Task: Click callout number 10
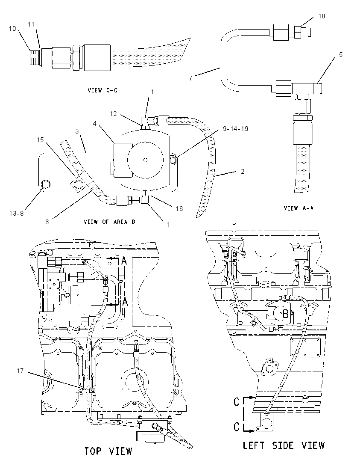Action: click(12, 29)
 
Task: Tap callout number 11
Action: click(31, 24)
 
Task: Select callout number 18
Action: click(322, 16)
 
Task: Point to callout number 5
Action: click(341, 55)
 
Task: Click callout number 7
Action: click(190, 78)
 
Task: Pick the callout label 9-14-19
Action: click(236, 129)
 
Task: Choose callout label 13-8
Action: click(17, 213)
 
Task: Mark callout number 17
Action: click(20, 371)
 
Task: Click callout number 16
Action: click(179, 208)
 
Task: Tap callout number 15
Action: click(40, 140)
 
